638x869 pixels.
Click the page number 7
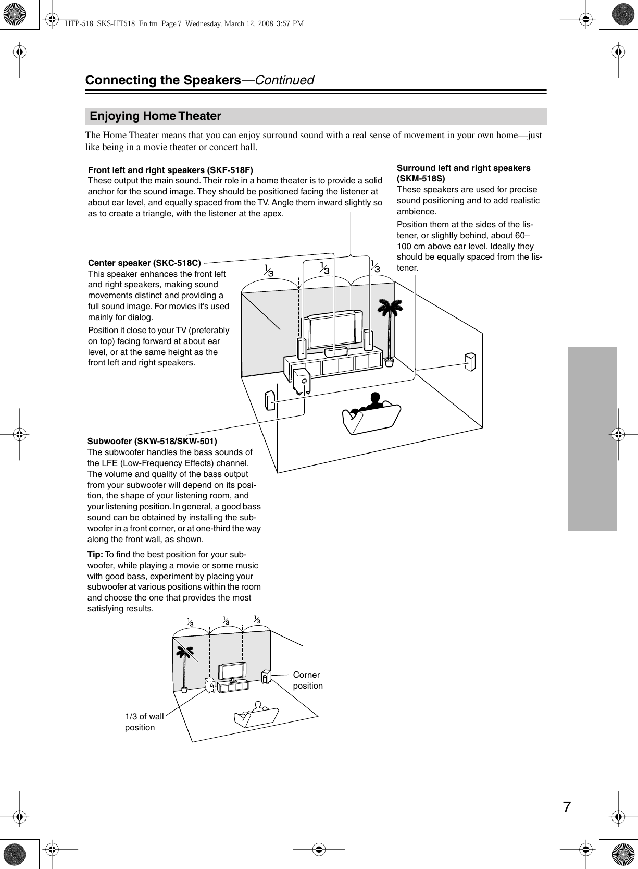coord(567,807)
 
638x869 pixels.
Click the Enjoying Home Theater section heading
coord(155,116)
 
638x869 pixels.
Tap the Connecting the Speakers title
coord(163,80)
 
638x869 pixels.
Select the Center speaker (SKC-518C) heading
coord(144,263)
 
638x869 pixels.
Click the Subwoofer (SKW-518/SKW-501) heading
coord(152,441)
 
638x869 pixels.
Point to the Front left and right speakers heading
coord(170,170)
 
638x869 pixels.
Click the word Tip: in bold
coord(95,554)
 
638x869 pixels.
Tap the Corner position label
coord(307,680)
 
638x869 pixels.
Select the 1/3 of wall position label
coord(144,722)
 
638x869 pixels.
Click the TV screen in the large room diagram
coord(332,332)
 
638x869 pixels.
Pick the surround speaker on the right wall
coord(470,362)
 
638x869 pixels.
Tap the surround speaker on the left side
coord(270,400)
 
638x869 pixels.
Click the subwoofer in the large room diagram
coord(302,381)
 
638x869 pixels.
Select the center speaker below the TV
coord(336,351)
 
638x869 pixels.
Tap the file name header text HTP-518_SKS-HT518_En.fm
coord(111,23)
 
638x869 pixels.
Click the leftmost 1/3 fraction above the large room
coord(269,270)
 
